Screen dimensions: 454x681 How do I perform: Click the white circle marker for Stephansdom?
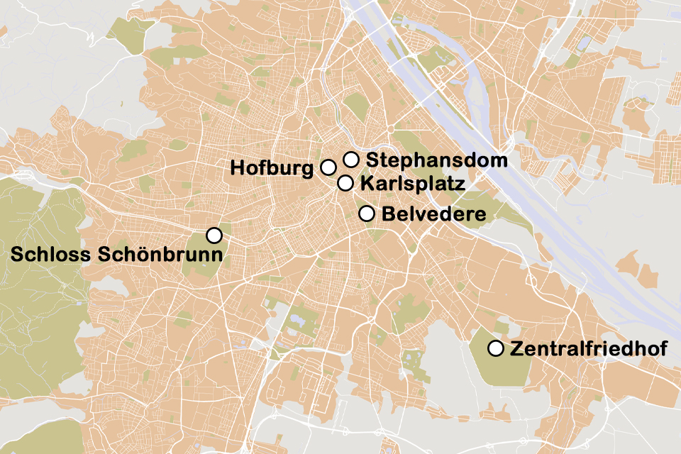351,160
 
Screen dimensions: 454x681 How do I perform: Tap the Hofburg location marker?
328,167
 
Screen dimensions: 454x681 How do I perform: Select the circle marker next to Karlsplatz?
345,183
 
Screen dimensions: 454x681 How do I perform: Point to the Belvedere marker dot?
367,214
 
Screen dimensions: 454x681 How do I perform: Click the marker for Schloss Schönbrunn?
214,235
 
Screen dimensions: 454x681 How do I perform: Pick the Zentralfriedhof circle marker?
497,348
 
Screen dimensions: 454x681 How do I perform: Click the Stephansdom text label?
437,160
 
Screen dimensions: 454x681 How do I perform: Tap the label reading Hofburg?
272,168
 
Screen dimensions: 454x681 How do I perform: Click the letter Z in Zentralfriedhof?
516,349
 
